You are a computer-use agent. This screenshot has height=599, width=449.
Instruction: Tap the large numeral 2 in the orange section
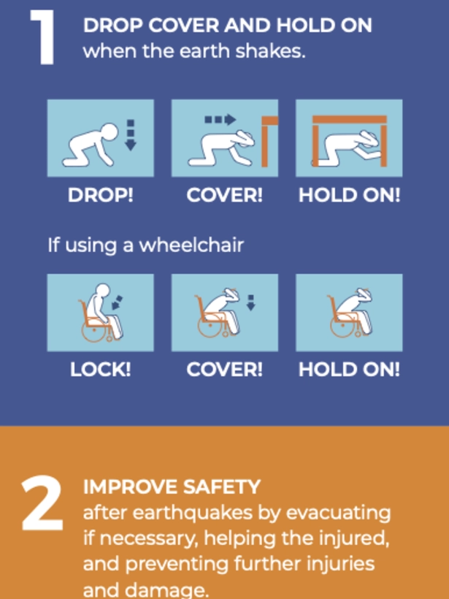tap(42, 505)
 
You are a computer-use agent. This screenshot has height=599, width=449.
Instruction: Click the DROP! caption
tap(100, 196)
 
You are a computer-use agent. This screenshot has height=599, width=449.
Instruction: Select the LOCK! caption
tap(100, 370)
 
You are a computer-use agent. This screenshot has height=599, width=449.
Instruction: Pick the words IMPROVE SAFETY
tap(172, 487)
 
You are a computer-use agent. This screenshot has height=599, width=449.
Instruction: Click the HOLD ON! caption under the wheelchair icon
tap(349, 370)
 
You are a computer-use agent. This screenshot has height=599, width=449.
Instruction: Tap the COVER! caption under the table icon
tap(224, 196)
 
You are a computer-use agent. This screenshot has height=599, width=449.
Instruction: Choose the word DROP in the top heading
tap(108, 26)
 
